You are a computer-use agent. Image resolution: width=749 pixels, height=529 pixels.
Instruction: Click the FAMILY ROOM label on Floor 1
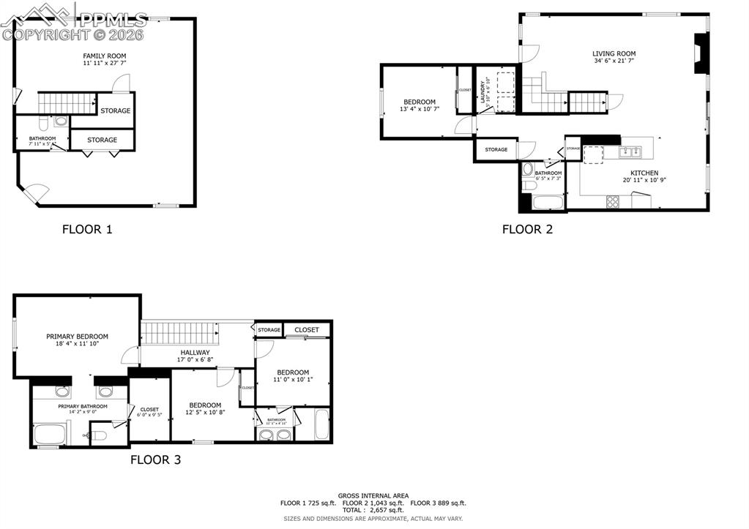coord(104,56)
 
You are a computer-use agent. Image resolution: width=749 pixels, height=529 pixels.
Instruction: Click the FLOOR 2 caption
coord(527,229)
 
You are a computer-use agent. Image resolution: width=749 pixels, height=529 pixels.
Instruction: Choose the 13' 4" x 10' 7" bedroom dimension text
coord(420,109)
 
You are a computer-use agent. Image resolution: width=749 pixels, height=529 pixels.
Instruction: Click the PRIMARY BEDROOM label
coord(77,337)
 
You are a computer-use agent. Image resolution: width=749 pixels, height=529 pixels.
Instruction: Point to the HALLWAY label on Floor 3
coord(195,352)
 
